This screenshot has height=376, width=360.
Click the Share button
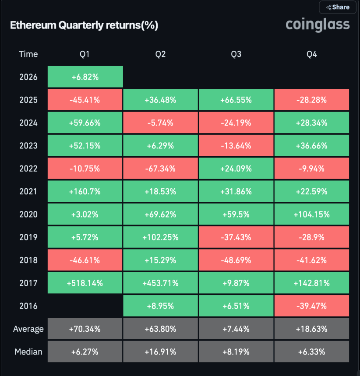tap(337, 7)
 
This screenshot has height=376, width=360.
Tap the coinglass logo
tap(318, 24)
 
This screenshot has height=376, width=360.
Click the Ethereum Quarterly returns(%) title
tap(84, 25)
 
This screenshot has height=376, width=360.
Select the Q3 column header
tap(236, 54)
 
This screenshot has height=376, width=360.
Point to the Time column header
tap(28, 54)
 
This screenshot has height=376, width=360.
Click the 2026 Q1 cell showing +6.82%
tap(85, 77)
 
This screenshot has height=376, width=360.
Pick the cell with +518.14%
tap(85, 283)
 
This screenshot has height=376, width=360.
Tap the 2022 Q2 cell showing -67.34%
tap(160, 169)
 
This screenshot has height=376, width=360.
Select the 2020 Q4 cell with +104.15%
tap(311, 214)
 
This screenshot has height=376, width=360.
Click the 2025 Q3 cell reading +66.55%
tap(236, 100)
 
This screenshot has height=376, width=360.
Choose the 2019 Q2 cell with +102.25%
tap(160, 237)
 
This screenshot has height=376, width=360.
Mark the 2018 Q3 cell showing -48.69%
tap(236, 260)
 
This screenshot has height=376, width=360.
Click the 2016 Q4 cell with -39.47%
tap(311, 306)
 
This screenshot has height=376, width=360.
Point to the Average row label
tap(28, 329)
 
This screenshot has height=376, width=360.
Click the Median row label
tap(28, 351)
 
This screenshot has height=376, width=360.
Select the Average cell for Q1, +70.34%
tap(85, 329)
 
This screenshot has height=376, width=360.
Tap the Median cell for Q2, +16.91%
tap(160, 351)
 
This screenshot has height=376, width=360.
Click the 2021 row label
tap(28, 191)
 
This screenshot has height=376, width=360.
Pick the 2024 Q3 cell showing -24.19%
tap(236, 123)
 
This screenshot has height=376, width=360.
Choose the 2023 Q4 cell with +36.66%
tap(311, 146)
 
